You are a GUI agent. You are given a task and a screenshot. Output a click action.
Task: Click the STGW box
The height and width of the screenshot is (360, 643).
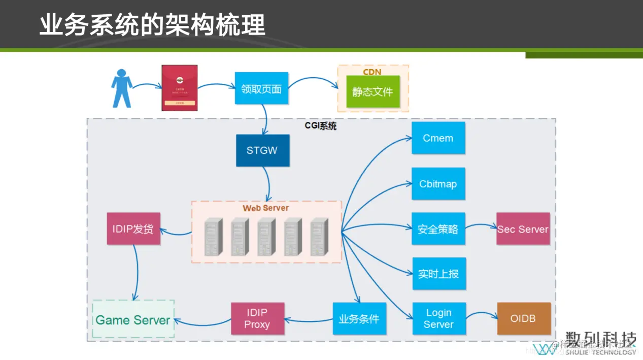tap(262, 150)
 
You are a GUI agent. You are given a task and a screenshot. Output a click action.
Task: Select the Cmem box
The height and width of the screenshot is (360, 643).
tap(438, 138)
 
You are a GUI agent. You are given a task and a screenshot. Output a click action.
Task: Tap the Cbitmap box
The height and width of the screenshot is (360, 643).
tap(438, 184)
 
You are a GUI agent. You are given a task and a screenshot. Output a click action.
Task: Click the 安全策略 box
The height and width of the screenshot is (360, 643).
tap(438, 229)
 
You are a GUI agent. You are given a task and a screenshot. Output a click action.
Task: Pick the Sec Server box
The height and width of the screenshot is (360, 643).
tap(523, 229)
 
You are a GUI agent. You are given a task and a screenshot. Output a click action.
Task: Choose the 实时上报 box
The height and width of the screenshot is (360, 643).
tap(438, 273)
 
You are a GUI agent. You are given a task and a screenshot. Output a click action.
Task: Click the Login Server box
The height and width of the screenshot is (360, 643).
tap(438, 318)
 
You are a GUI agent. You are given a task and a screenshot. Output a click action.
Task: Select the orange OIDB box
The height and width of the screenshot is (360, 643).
tap(523, 318)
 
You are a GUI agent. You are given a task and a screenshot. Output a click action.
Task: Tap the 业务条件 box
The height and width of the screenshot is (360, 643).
tap(359, 318)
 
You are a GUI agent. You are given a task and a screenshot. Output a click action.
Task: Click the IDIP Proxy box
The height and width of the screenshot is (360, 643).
tap(257, 318)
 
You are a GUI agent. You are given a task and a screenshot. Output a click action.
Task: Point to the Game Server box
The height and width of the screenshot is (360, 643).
tap(133, 319)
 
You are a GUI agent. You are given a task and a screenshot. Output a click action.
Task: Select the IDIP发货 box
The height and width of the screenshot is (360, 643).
tap(133, 229)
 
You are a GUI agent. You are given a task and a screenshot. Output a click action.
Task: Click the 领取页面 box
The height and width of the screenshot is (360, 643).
tap(261, 88)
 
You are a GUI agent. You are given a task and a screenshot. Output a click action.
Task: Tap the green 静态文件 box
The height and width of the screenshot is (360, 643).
tap(373, 92)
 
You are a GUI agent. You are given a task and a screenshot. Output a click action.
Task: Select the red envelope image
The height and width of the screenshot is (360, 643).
tap(179, 87)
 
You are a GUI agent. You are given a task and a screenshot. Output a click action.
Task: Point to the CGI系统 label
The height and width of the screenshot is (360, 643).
tap(320, 126)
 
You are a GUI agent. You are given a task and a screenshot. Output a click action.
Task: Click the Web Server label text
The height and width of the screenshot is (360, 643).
tap(265, 208)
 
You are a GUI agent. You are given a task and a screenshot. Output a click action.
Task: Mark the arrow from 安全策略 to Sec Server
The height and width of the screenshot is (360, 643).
tap(481, 226)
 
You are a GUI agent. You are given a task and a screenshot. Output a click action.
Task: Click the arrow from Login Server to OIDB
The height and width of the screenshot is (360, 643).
tap(481, 315)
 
